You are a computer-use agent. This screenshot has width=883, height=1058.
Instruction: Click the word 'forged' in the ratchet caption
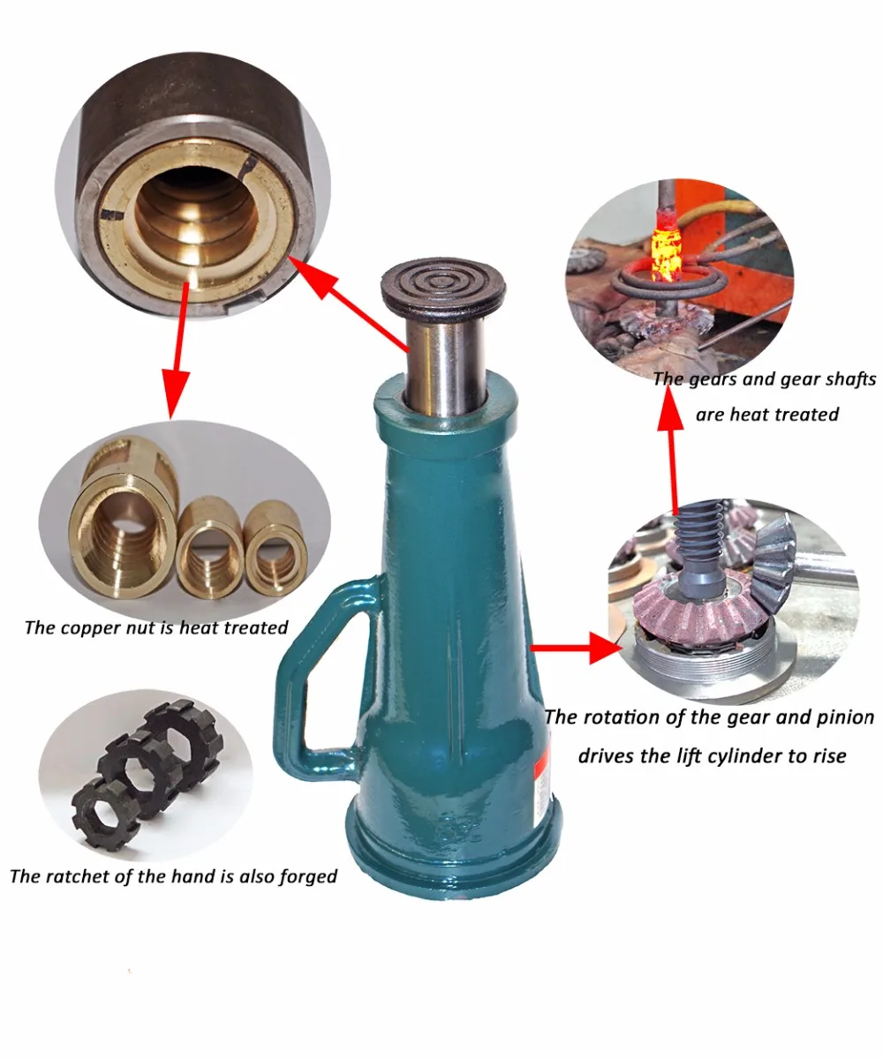click(306, 877)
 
